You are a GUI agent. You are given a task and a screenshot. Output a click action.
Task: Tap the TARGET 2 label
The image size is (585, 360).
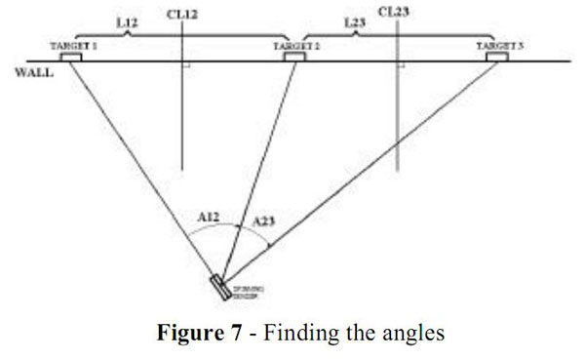[x=292, y=46]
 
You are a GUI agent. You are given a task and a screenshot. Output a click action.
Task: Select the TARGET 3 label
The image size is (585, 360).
[x=498, y=46]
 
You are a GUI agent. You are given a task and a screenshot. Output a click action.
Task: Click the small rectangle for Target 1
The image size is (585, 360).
[x=71, y=58]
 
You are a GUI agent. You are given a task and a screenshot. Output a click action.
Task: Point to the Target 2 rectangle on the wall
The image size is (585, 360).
[x=293, y=58]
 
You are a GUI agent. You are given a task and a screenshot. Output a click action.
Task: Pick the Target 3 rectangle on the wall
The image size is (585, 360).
[x=498, y=58]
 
